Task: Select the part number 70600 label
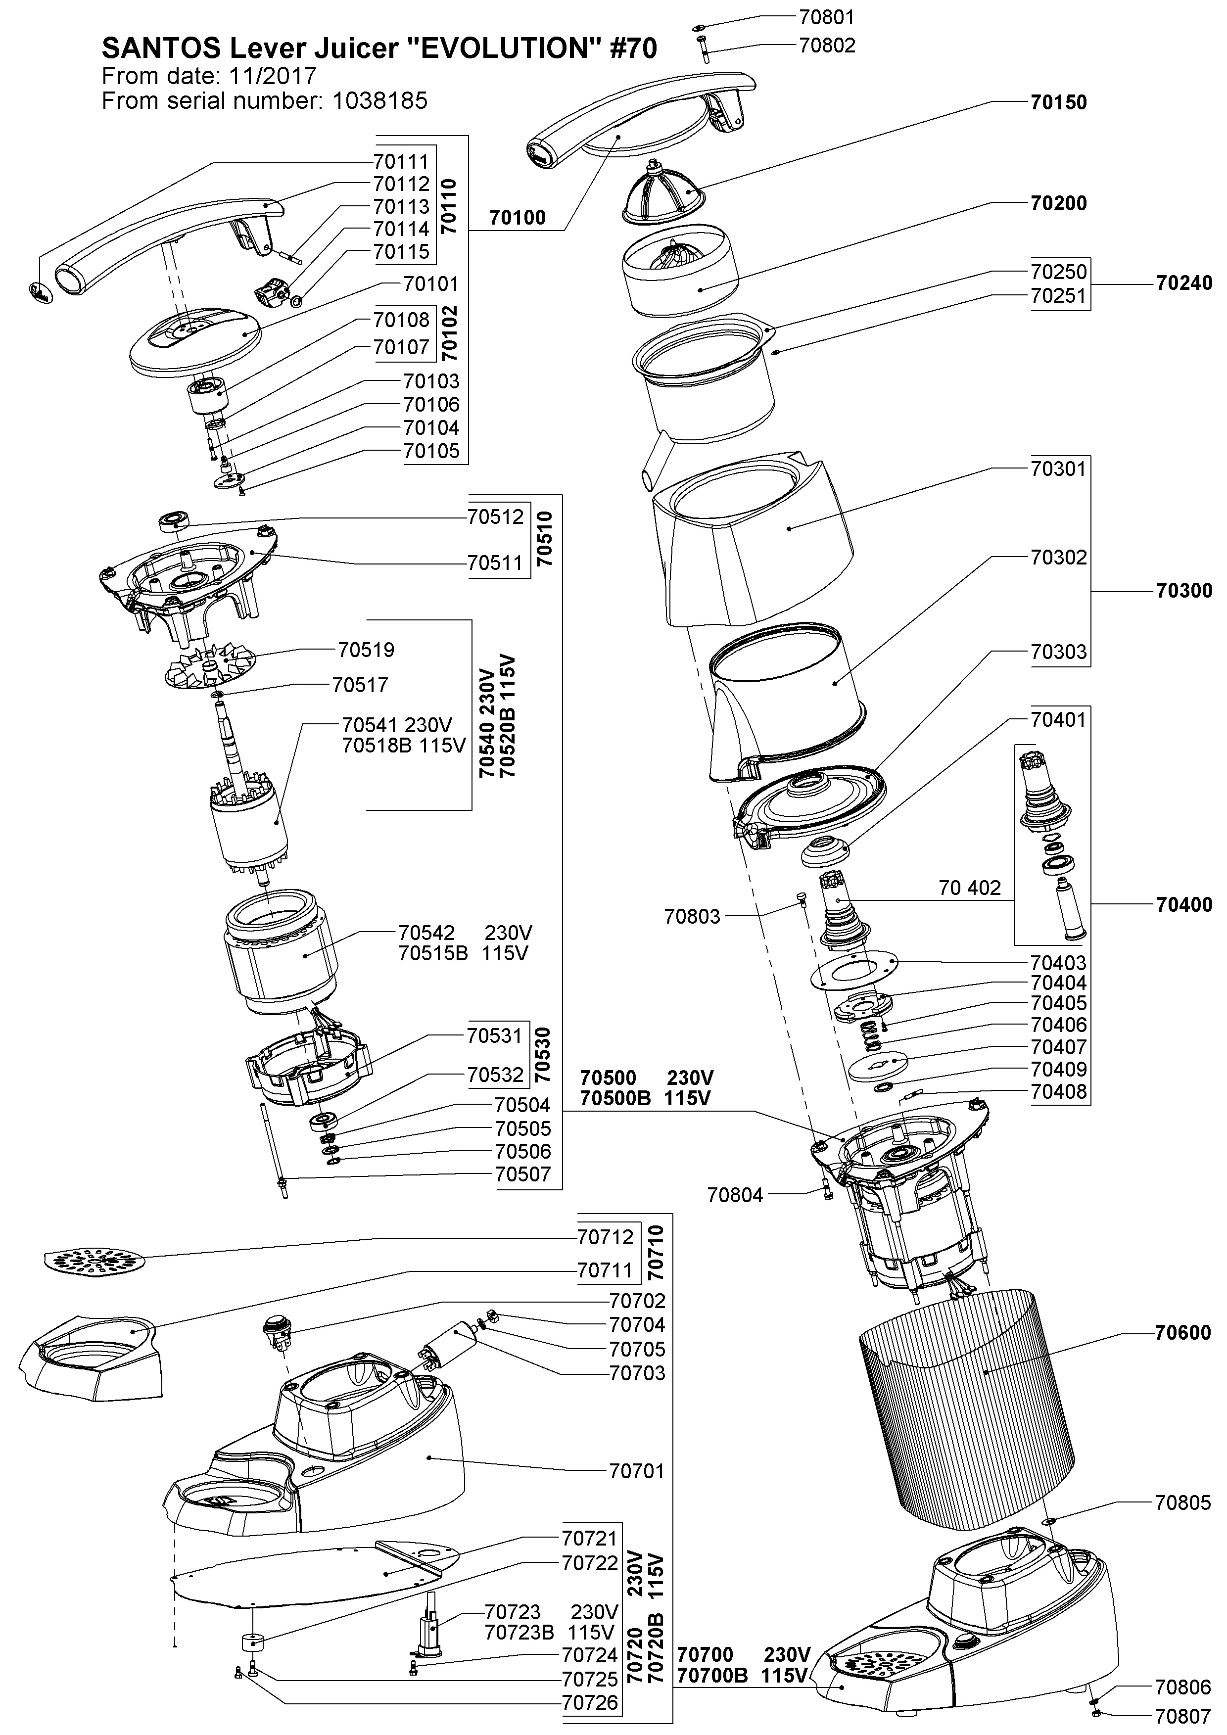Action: [1182, 1332]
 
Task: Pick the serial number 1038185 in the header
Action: [379, 100]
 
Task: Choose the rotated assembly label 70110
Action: [448, 205]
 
